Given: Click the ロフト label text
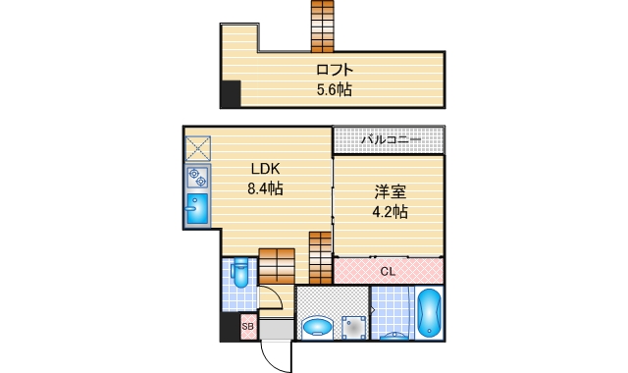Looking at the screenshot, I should (x=334, y=70).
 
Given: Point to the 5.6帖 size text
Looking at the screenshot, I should (x=334, y=89).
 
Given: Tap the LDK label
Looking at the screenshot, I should (x=263, y=168).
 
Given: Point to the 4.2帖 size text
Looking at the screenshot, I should (x=390, y=212).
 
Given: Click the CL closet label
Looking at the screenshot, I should (x=388, y=270).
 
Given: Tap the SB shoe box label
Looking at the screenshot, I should (x=247, y=326).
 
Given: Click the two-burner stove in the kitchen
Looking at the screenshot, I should (x=197, y=177).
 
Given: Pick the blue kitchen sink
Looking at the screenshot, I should (x=197, y=210).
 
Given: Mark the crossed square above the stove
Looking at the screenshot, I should (x=197, y=148).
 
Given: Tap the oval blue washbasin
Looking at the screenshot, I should (x=317, y=327).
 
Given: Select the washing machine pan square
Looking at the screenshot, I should (x=352, y=327).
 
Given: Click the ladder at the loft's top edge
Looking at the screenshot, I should (x=323, y=26).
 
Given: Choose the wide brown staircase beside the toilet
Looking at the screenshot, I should (x=277, y=265).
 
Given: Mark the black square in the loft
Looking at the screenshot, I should (x=231, y=95).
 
